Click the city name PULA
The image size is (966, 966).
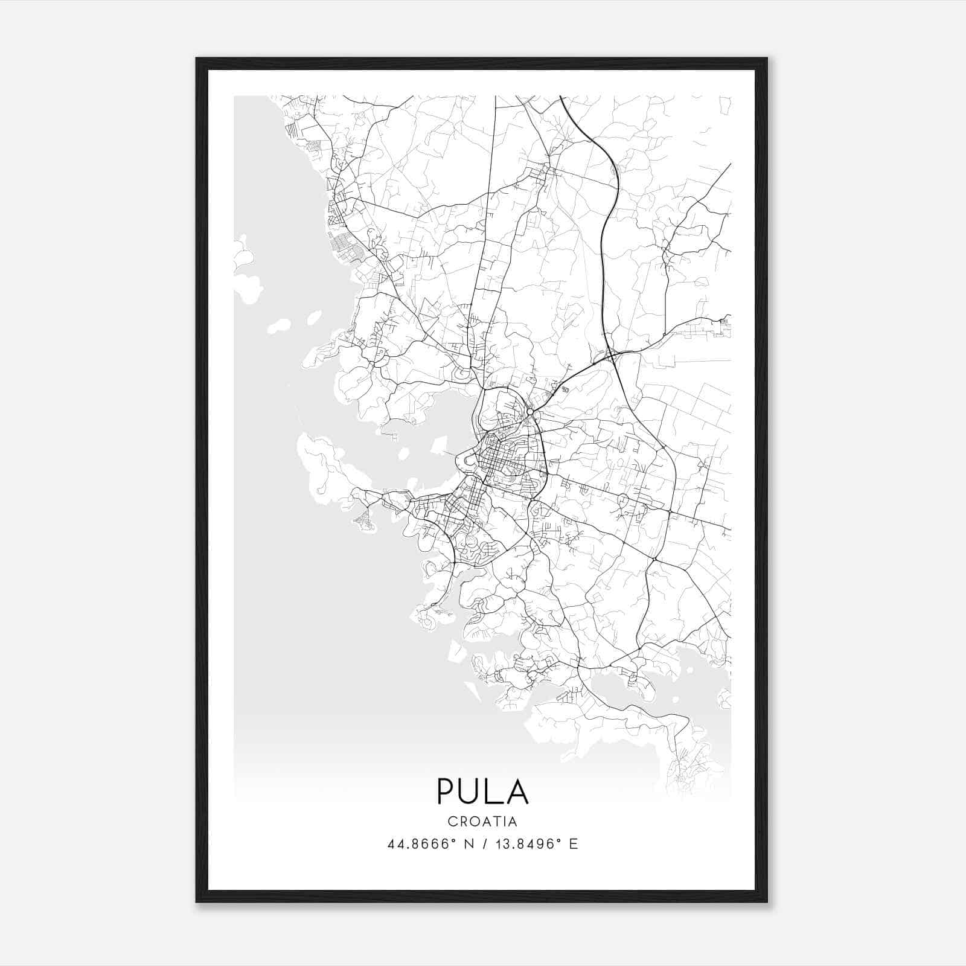pyautogui.click(x=482, y=792)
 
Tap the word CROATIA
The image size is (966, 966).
pyautogui.click(x=482, y=822)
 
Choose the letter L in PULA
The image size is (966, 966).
pyautogui.click(x=495, y=792)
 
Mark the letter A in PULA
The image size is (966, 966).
pyautogui.click(x=517, y=792)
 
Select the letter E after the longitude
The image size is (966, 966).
pyautogui.click(x=574, y=843)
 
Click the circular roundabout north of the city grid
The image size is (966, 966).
pyautogui.click(x=529, y=412)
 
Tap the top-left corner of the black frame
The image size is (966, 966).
pyautogui.click(x=197, y=59)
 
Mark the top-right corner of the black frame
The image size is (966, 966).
pyautogui.click(x=767, y=59)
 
